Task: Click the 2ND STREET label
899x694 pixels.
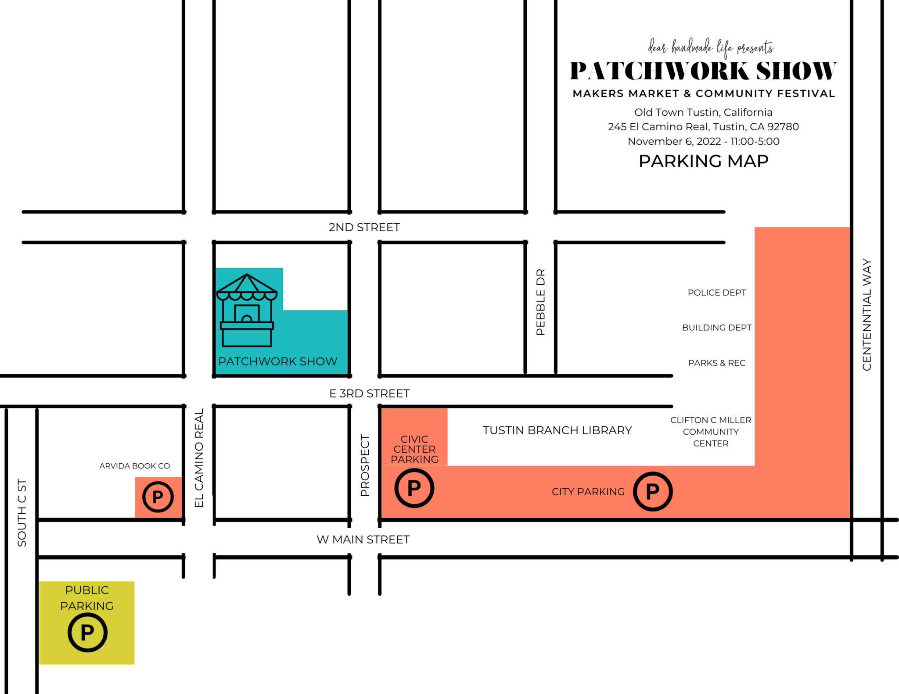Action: [x=364, y=227]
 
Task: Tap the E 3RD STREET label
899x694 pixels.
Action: [x=369, y=394]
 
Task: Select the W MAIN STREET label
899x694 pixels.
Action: [x=363, y=540]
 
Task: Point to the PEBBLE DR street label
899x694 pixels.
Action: [x=540, y=302]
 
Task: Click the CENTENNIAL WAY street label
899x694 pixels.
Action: [x=867, y=315]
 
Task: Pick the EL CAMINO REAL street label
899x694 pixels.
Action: [x=199, y=458]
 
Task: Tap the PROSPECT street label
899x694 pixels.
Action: [x=365, y=465]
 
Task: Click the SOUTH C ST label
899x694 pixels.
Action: [x=22, y=513]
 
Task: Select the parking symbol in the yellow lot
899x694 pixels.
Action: [x=87, y=633]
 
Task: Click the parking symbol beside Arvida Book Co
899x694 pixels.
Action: [x=158, y=497]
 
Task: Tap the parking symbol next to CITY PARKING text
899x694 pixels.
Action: [x=652, y=491]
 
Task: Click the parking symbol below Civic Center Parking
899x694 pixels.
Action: [x=414, y=488]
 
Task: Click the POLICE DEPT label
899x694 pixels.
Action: [x=716, y=293]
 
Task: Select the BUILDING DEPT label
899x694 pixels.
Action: [x=716, y=328]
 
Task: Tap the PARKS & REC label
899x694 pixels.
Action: [x=716, y=363]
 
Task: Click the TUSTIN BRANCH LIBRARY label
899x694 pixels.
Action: [x=557, y=430]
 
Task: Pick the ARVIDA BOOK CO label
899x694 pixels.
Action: [x=134, y=466]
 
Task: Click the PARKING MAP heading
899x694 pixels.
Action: [x=703, y=161]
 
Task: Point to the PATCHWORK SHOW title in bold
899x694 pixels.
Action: [x=703, y=71]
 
